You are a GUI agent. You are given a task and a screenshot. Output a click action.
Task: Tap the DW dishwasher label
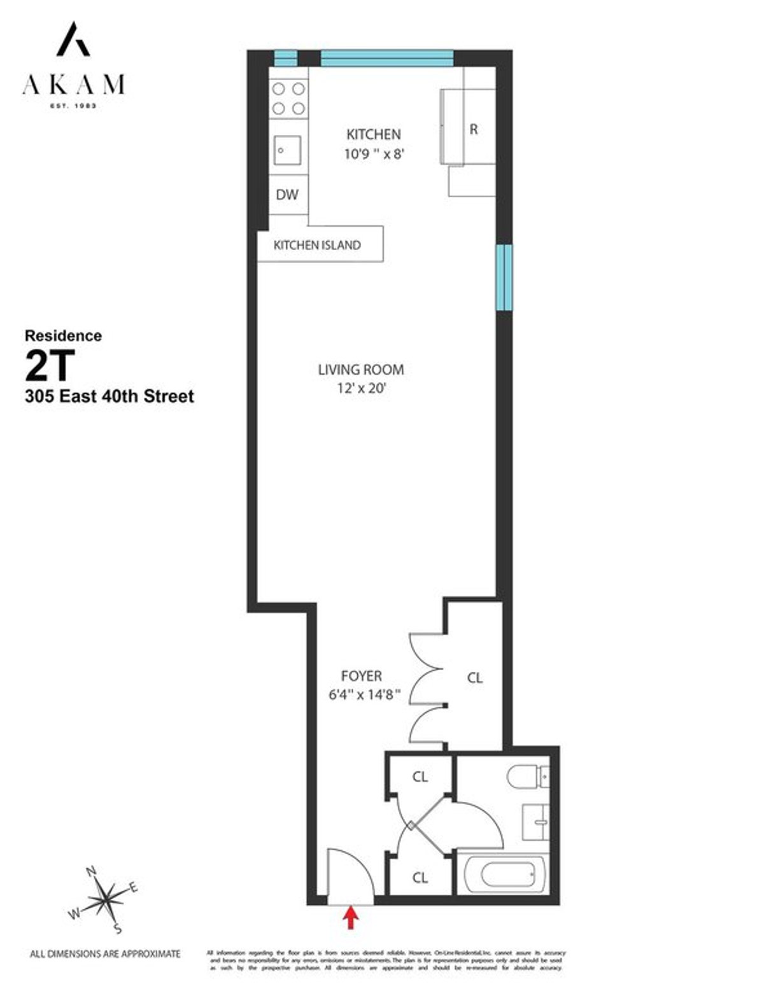(x=287, y=195)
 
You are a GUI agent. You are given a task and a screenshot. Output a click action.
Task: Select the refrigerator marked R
(x=473, y=129)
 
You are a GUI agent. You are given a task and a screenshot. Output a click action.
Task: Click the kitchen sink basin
(x=288, y=151)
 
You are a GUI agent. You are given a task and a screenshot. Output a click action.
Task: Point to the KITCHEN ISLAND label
(x=317, y=245)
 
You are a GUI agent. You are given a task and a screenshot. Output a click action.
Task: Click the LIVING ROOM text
(x=361, y=370)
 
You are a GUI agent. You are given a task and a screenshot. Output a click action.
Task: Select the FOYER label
(x=362, y=677)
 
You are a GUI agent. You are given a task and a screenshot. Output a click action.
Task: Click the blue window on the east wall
(x=504, y=277)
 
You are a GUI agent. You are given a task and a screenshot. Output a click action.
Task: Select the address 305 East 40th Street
(x=109, y=396)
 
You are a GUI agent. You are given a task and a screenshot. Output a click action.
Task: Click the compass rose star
(x=106, y=900)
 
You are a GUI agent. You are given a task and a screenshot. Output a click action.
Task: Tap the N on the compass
(x=91, y=872)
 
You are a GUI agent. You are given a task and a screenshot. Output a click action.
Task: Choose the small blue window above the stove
(x=286, y=59)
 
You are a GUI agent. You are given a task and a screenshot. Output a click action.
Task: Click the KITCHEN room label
(x=374, y=134)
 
